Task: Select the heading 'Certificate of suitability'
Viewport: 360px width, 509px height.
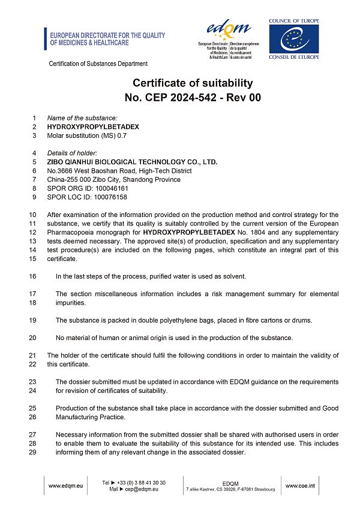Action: coord(193,83)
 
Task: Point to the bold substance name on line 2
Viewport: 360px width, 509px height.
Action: coord(93,127)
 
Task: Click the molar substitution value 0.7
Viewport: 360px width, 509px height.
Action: coord(122,135)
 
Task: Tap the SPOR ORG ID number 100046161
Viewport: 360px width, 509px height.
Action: coord(112,188)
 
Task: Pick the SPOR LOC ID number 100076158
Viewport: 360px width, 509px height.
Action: coord(111,197)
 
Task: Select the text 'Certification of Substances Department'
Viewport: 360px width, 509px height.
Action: coord(98,64)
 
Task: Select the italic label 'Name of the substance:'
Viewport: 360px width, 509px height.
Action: coord(82,118)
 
